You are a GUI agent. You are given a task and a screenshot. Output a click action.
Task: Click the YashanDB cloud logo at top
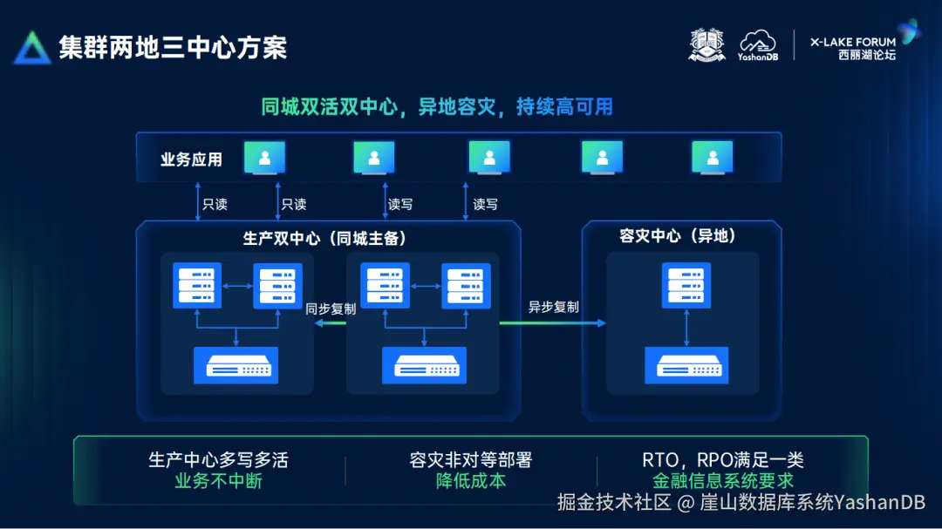(x=757, y=45)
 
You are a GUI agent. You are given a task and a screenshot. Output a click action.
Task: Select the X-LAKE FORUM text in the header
(x=852, y=41)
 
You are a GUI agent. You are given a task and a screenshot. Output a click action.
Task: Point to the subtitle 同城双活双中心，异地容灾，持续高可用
(x=437, y=107)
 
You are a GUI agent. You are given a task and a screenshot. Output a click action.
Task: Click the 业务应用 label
(x=191, y=159)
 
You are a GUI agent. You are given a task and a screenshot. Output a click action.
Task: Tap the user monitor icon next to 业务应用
(x=264, y=158)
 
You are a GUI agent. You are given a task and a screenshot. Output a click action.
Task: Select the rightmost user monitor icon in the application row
(x=713, y=158)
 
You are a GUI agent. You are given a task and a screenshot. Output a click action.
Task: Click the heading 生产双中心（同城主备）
(x=324, y=238)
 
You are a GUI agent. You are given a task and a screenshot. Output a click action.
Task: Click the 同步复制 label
(x=331, y=308)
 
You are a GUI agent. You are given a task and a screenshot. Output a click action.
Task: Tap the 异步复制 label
(x=553, y=307)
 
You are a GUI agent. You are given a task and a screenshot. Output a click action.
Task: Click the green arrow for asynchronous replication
(x=552, y=323)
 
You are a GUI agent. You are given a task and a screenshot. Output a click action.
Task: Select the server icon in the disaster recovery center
(x=686, y=284)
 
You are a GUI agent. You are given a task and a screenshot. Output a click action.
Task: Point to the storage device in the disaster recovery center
(x=686, y=365)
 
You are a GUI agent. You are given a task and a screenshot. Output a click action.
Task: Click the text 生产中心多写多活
(x=217, y=460)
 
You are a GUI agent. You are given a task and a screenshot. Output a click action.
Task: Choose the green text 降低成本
(x=471, y=480)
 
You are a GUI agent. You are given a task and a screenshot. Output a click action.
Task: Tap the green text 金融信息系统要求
(x=723, y=480)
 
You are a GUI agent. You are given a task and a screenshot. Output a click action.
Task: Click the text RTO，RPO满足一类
(x=723, y=460)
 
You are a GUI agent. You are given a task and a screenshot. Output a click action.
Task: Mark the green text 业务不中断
(x=218, y=480)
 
